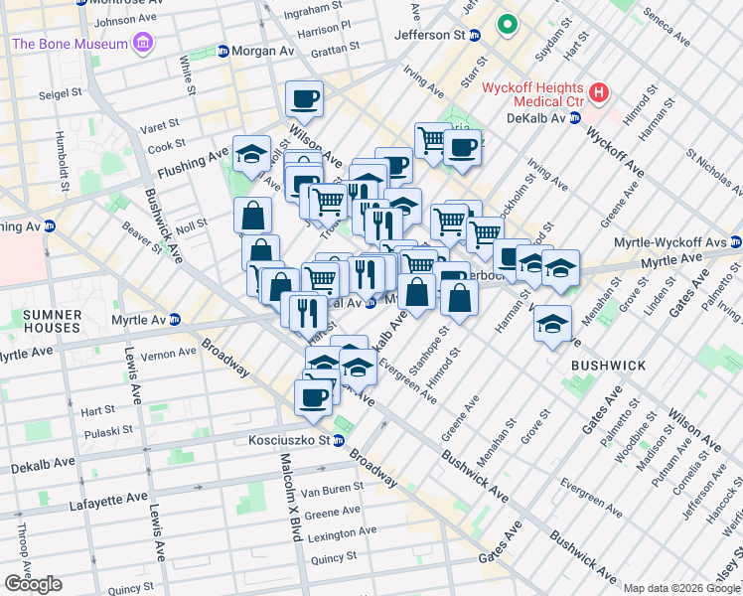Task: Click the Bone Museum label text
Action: coord(70,44)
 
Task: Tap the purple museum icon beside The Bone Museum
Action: coord(144,43)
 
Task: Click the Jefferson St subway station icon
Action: coord(475,35)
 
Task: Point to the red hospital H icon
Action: coord(598,93)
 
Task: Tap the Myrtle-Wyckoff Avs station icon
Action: coord(735,241)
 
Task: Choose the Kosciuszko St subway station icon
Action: coord(340,440)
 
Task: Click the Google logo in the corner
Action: coord(33,584)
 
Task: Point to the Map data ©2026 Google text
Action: coord(681,588)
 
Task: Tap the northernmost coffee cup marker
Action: coord(304,98)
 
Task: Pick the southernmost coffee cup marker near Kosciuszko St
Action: coord(313,397)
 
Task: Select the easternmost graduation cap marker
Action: coord(560,267)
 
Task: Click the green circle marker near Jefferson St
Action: coord(508,25)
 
